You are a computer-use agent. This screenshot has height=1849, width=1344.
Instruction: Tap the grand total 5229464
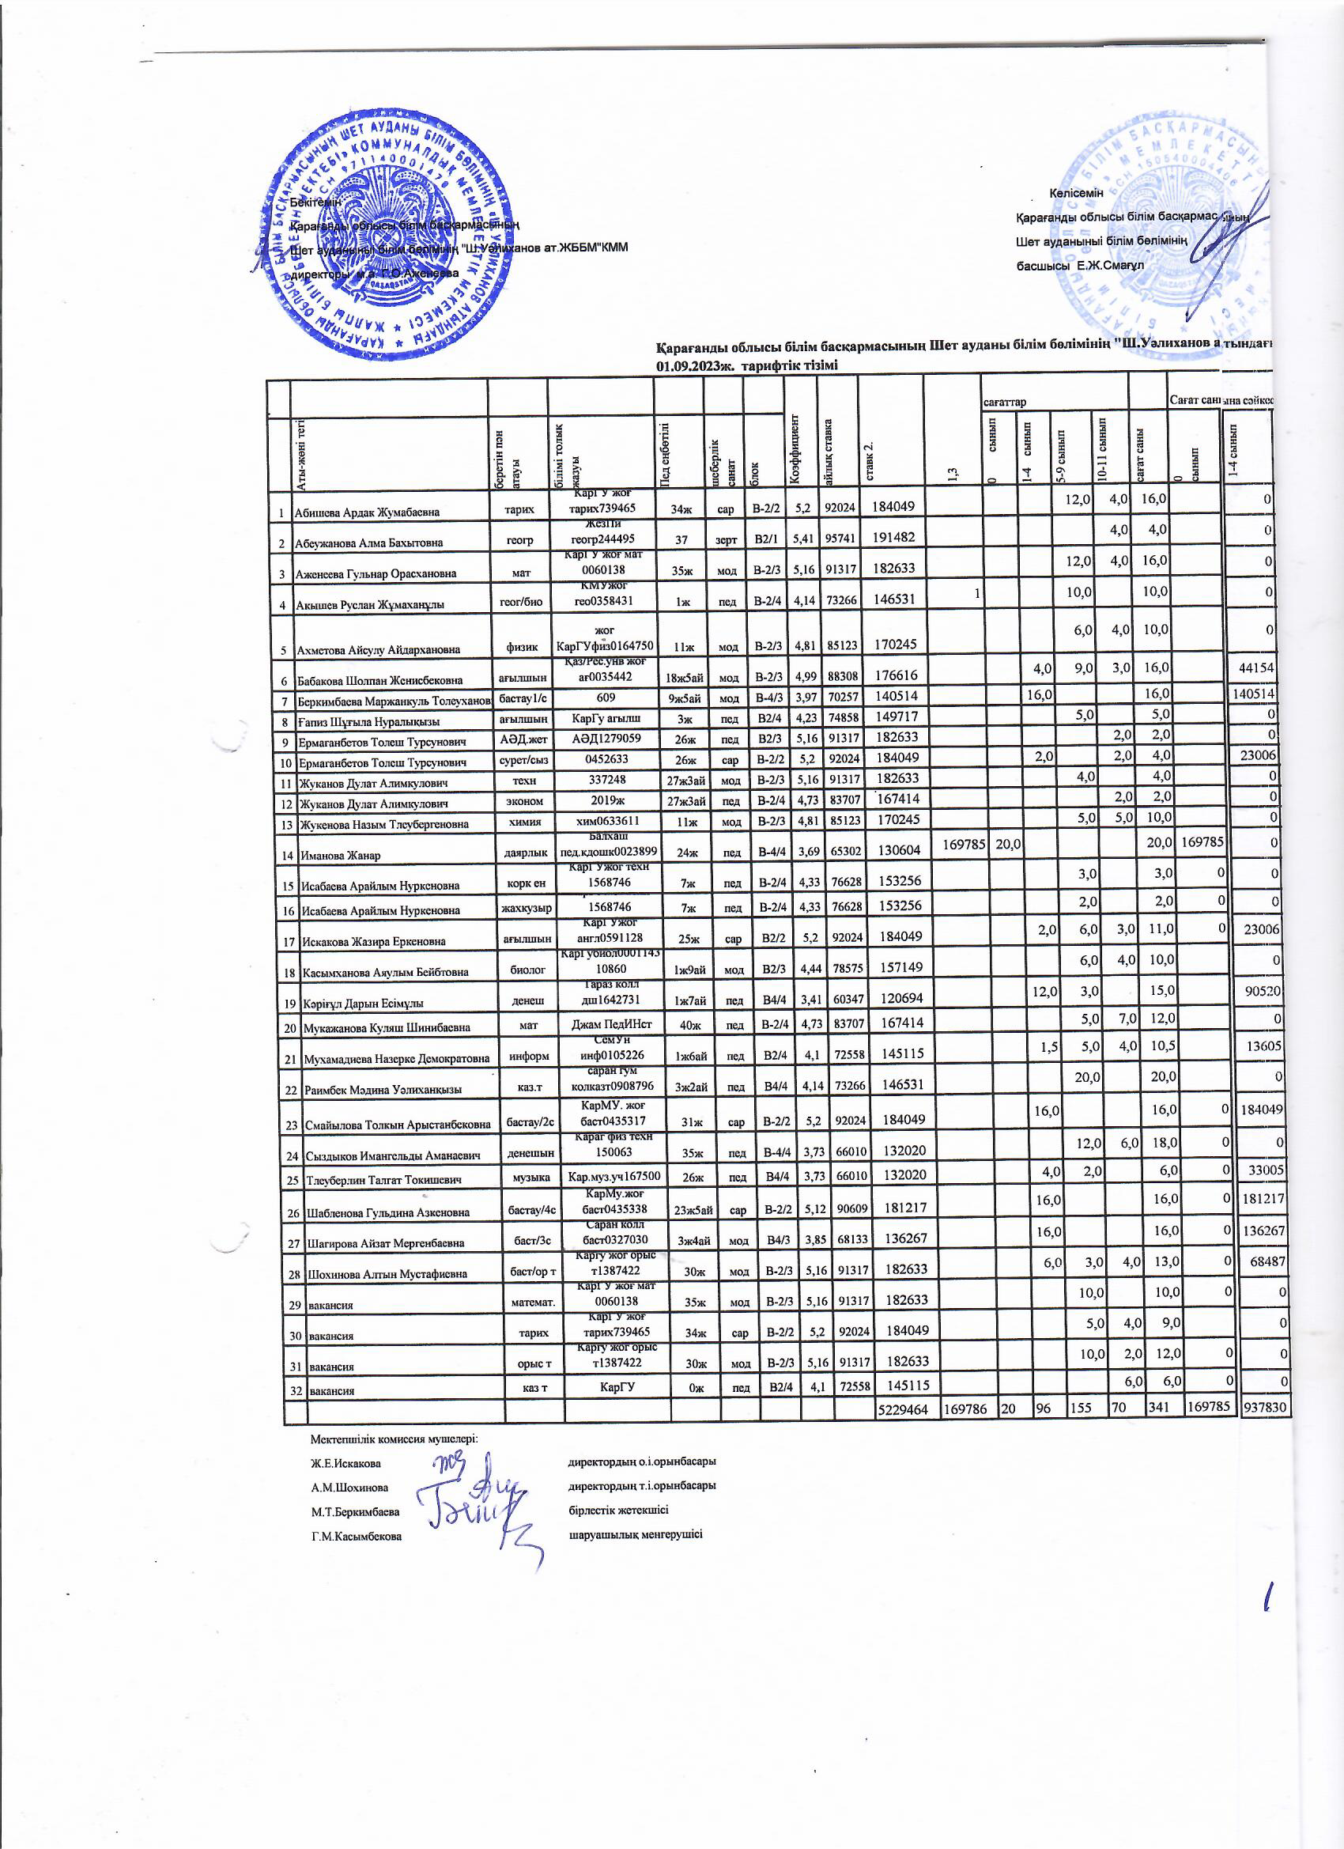coord(901,1408)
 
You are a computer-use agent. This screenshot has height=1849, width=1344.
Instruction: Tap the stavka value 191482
coord(893,537)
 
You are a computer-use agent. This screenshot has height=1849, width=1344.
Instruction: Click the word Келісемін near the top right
coord(1076,193)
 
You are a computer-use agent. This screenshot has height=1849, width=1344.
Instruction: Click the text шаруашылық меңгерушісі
coord(635,1534)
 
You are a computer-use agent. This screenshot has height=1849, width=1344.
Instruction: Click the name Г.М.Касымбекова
coord(357,1536)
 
